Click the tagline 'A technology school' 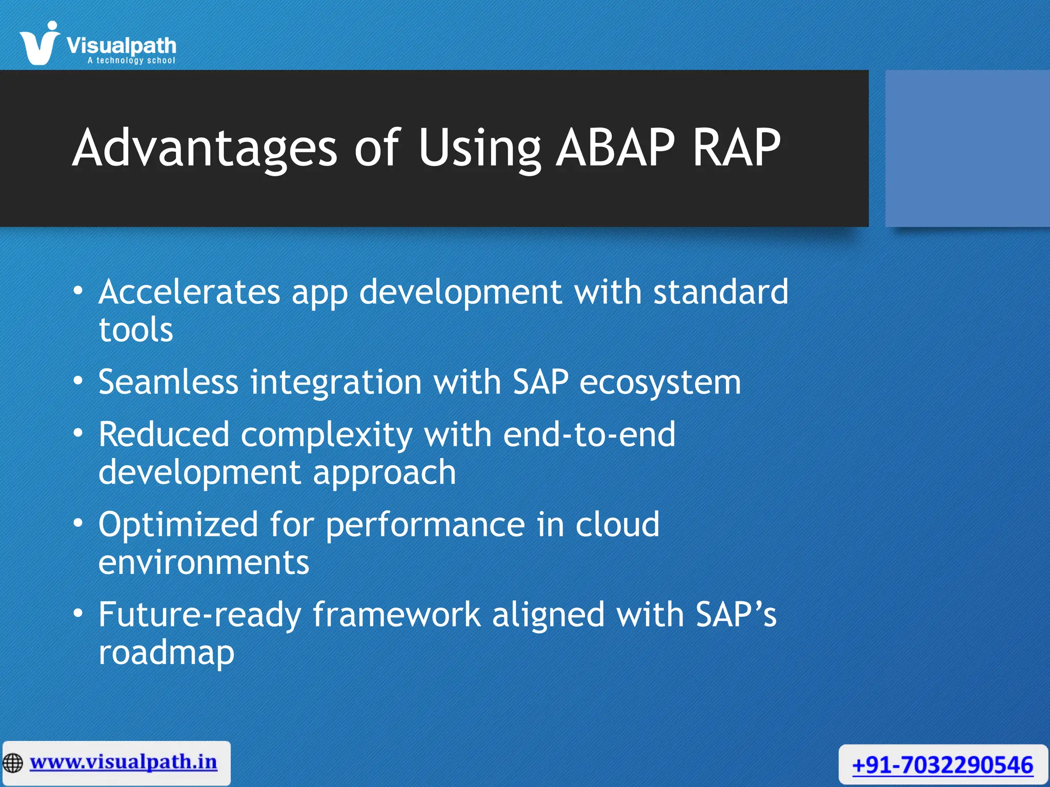(x=131, y=60)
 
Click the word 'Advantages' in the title (x=205, y=148)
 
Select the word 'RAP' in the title (x=736, y=148)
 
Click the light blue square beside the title (x=967, y=149)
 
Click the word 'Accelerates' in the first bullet (x=189, y=292)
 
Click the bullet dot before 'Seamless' (x=78, y=381)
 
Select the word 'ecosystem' (x=660, y=383)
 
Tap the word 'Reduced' (x=164, y=434)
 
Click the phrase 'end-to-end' (x=589, y=434)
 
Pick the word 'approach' (x=384, y=473)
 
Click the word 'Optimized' (x=178, y=525)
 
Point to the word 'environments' (x=204, y=563)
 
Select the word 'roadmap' (x=166, y=653)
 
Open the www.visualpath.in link (x=124, y=762)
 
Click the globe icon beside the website (x=13, y=763)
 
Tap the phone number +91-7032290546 (x=942, y=765)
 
